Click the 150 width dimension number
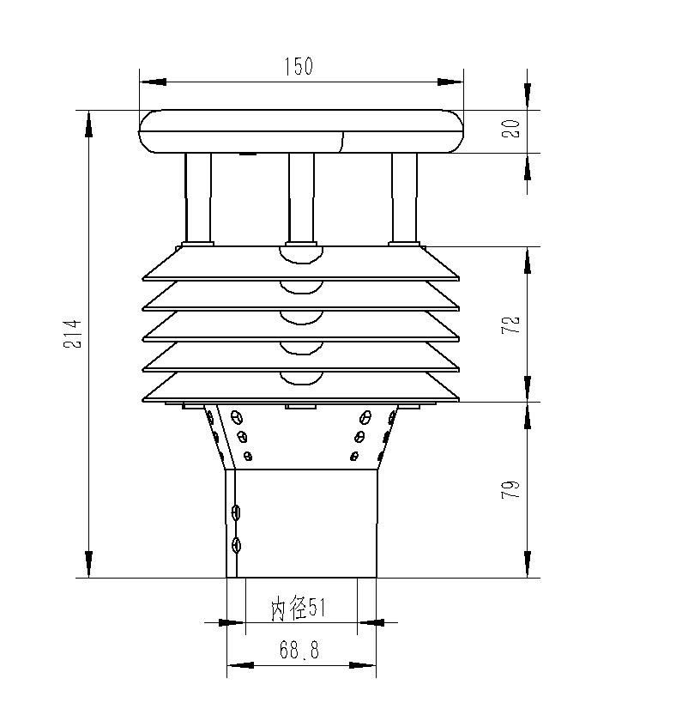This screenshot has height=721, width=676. [x=299, y=66]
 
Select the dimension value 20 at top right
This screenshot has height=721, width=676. [x=510, y=129]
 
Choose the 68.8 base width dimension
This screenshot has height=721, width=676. [x=299, y=651]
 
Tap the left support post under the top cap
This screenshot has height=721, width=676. [x=198, y=198]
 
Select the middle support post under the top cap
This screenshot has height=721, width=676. [x=301, y=198]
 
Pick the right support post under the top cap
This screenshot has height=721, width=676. [x=404, y=198]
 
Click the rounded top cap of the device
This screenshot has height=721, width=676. [x=301, y=131]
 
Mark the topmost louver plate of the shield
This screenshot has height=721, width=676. [x=301, y=264]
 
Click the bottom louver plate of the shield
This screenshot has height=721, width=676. [x=301, y=388]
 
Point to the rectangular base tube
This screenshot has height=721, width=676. [x=306, y=523]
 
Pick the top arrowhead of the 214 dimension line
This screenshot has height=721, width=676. [x=88, y=124]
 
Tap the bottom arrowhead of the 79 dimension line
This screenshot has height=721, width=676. [x=527, y=565]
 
